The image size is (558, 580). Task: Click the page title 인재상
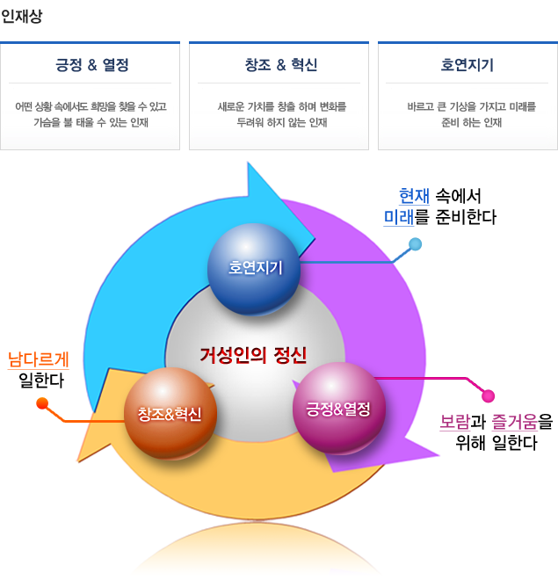(21, 16)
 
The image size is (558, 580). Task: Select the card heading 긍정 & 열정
(92, 65)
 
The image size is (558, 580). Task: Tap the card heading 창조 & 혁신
(281, 65)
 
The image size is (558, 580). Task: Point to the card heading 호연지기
(467, 65)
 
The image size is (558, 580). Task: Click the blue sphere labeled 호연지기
(254, 269)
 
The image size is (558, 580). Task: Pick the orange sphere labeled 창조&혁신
(170, 414)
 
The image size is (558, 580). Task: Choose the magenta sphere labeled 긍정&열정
(338, 409)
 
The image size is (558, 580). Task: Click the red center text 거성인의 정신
(253, 356)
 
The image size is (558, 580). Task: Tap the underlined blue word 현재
(414, 196)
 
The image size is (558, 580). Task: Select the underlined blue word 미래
(399, 217)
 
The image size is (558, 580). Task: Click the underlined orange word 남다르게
(39, 359)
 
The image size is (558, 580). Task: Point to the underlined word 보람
(455, 422)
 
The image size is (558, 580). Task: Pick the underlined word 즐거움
(514, 422)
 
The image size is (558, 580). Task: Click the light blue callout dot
(416, 244)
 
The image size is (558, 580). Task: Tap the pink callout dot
(488, 395)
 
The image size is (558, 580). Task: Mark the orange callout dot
(42, 403)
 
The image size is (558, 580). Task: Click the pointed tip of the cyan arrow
(315, 238)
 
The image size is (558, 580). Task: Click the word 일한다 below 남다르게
(41, 381)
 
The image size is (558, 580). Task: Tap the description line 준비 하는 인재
(472, 122)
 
